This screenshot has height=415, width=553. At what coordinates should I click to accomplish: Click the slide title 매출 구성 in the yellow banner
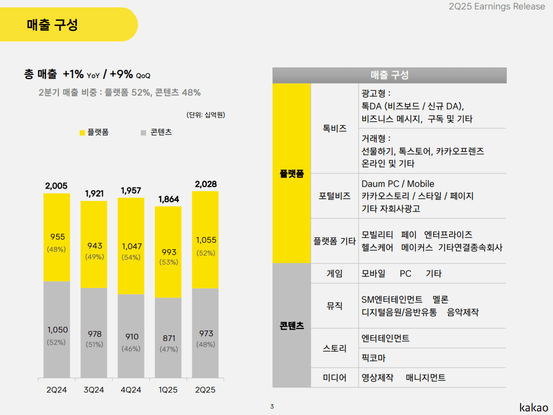[x=53, y=25]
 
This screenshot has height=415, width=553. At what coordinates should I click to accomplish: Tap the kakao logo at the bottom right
[x=533, y=407]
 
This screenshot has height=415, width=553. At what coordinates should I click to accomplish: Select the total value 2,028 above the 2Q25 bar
[x=206, y=184]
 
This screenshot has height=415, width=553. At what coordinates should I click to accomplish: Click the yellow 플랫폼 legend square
[x=82, y=132]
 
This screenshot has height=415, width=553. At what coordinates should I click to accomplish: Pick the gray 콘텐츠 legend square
[x=143, y=132]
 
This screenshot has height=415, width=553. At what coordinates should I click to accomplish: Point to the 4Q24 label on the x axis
[x=131, y=390]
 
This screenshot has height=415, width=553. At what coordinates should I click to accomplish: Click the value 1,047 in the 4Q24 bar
[x=131, y=246]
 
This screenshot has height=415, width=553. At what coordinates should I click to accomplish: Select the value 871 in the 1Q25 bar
[x=168, y=338]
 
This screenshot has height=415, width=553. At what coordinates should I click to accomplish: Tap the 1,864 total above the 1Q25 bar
[x=168, y=199]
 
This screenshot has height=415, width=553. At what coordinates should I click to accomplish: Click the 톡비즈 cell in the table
[x=335, y=129]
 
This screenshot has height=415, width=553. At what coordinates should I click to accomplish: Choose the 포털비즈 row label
[x=335, y=196]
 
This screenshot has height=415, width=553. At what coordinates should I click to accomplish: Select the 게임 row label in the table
[x=335, y=274]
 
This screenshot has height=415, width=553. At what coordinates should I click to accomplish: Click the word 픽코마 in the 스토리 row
[x=373, y=358]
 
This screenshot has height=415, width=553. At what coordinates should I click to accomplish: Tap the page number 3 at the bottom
[x=272, y=407]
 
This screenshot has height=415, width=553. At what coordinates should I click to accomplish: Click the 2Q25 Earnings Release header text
[x=497, y=6]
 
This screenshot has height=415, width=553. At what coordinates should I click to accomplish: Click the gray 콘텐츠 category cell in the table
[x=292, y=326]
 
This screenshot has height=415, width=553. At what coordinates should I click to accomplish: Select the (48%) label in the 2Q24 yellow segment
[x=56, y=249]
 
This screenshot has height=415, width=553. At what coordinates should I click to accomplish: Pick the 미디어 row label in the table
[x=335, y=378]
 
